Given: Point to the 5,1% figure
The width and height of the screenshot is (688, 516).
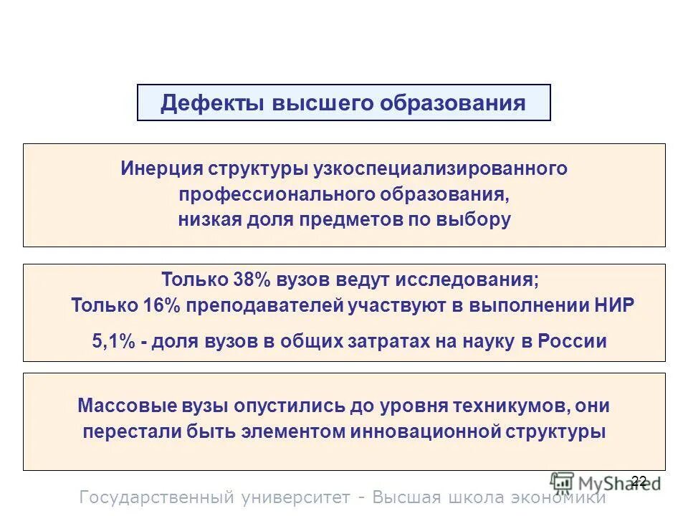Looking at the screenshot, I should click(x=114, y=342).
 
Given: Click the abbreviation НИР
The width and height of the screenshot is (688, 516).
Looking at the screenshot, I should click(x=613, y=306).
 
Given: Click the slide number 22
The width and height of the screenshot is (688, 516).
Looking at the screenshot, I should click(x=639, y=481).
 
